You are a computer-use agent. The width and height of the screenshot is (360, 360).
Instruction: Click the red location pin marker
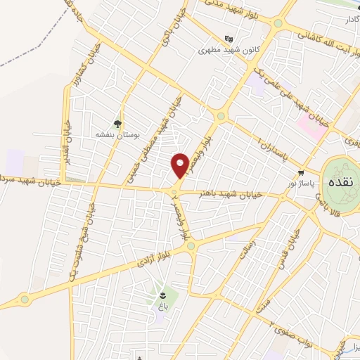tap(180, 165)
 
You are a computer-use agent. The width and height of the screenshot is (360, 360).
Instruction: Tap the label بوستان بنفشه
tap(117, 133)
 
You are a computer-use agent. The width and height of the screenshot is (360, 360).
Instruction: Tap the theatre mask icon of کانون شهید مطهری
tap(228, 39)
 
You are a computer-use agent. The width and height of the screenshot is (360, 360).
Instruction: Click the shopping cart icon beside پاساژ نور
tap(301, 172)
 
